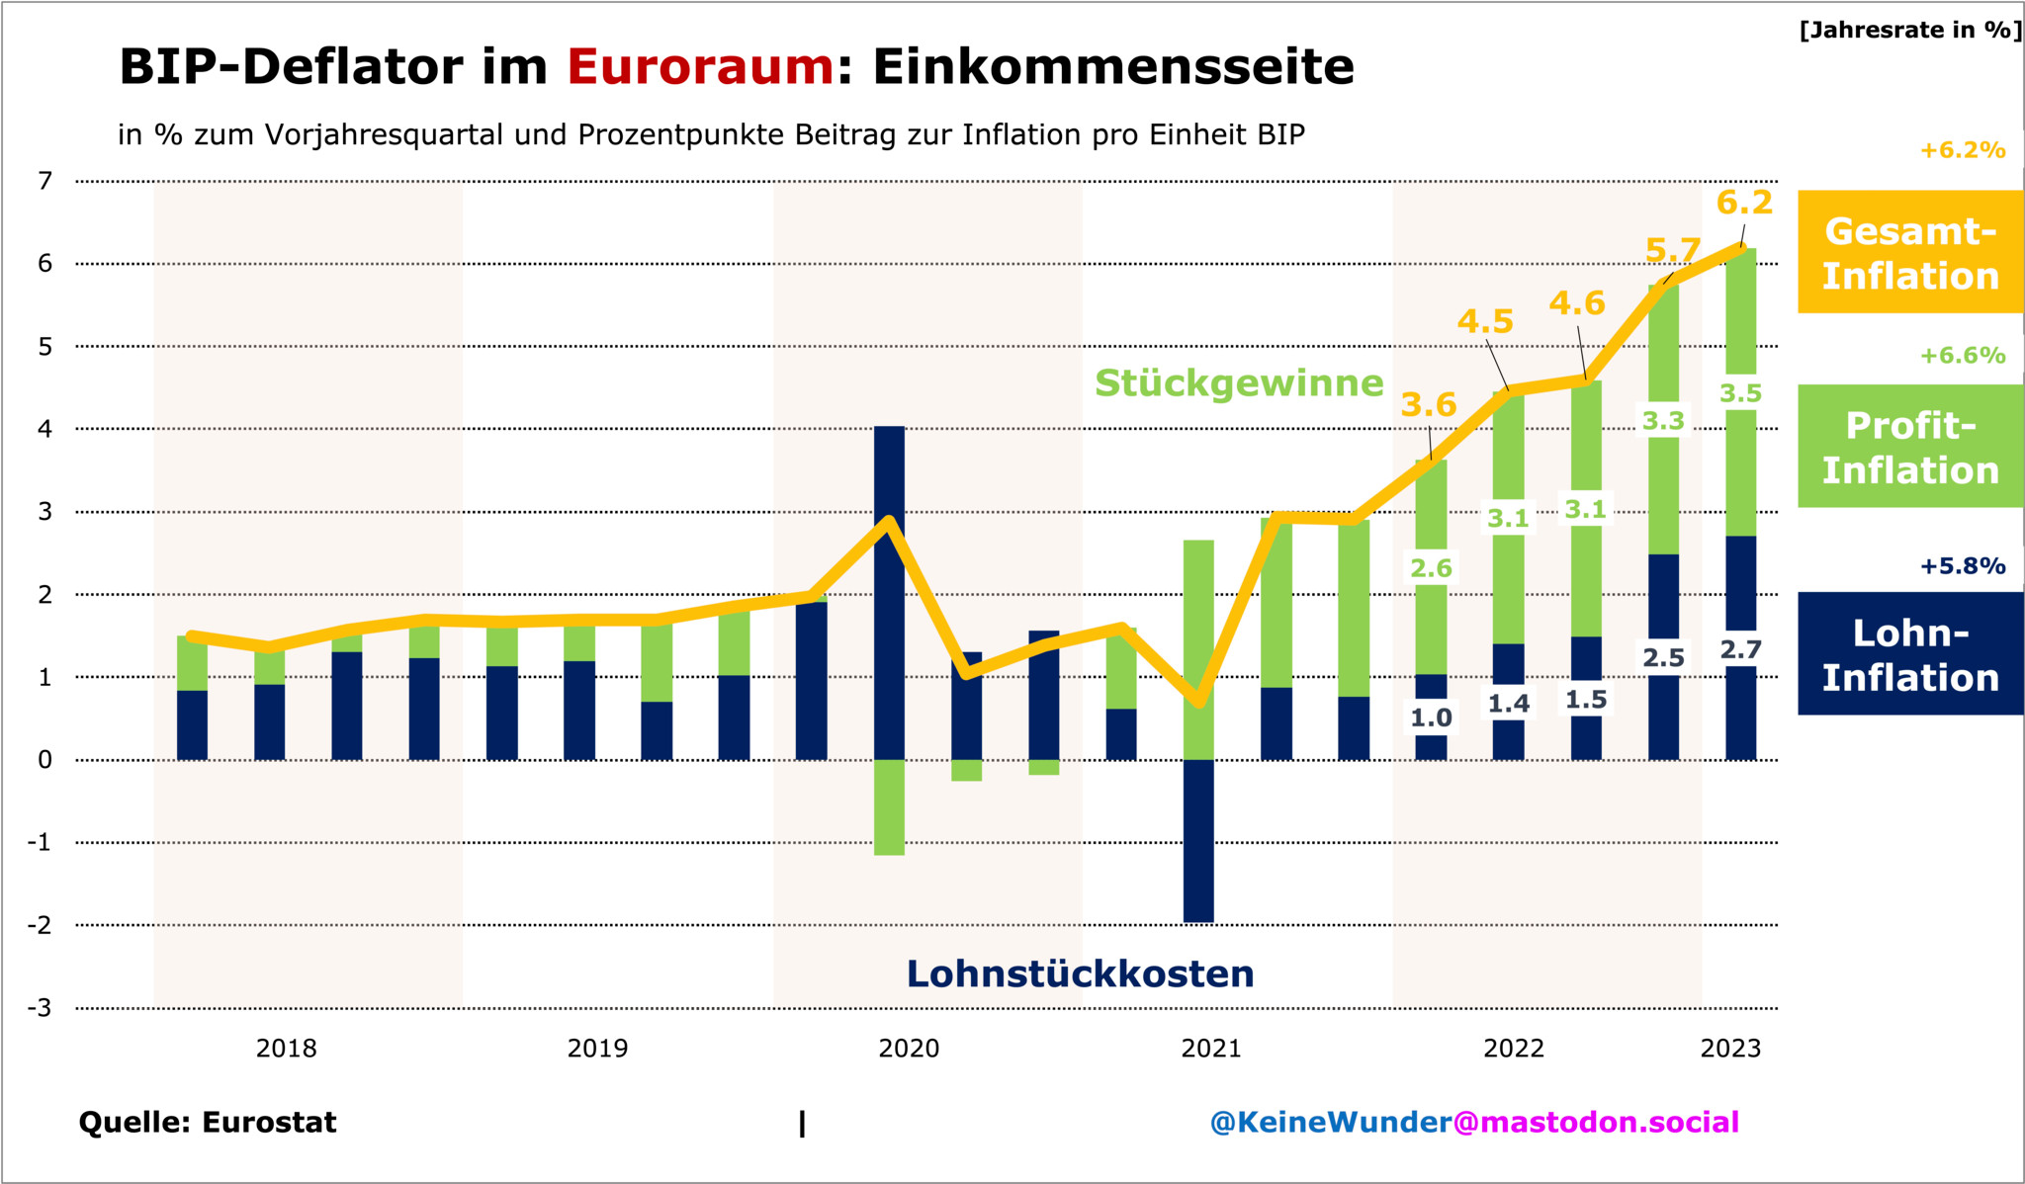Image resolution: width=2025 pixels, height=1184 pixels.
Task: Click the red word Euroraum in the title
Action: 700,67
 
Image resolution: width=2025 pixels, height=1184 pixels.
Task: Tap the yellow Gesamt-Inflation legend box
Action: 1909,253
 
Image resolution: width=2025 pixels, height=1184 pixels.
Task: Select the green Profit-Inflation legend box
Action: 1909,447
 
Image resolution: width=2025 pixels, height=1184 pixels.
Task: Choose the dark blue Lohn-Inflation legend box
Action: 1909,654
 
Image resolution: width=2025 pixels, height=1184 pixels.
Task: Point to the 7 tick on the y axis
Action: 44,181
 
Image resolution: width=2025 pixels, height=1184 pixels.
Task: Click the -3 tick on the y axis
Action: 40,1008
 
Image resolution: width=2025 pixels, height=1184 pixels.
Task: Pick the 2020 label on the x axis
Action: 908,1049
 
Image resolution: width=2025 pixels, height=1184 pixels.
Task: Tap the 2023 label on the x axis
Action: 1730,1049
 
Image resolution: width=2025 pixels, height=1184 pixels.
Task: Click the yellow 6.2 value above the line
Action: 1744,203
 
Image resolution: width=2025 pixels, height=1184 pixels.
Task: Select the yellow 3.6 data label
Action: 1429,404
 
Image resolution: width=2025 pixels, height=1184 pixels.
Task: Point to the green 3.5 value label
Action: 1740,393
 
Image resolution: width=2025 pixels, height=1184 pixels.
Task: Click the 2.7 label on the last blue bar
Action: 1740,649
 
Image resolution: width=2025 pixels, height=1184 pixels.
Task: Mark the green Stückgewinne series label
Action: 1238,383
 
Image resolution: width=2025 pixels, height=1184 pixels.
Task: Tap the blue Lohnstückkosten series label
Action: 1080,974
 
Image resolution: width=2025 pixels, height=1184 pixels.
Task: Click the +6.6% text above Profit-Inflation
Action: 1962,356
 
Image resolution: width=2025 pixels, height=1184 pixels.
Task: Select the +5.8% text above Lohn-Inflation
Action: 1962,566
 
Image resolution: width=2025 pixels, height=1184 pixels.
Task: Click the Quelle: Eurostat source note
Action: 208,1123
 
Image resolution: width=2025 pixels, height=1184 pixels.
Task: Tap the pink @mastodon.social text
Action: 1596,1123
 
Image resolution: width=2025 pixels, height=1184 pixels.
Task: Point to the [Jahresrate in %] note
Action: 1909,30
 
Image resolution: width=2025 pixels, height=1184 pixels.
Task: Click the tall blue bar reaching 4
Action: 890,593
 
